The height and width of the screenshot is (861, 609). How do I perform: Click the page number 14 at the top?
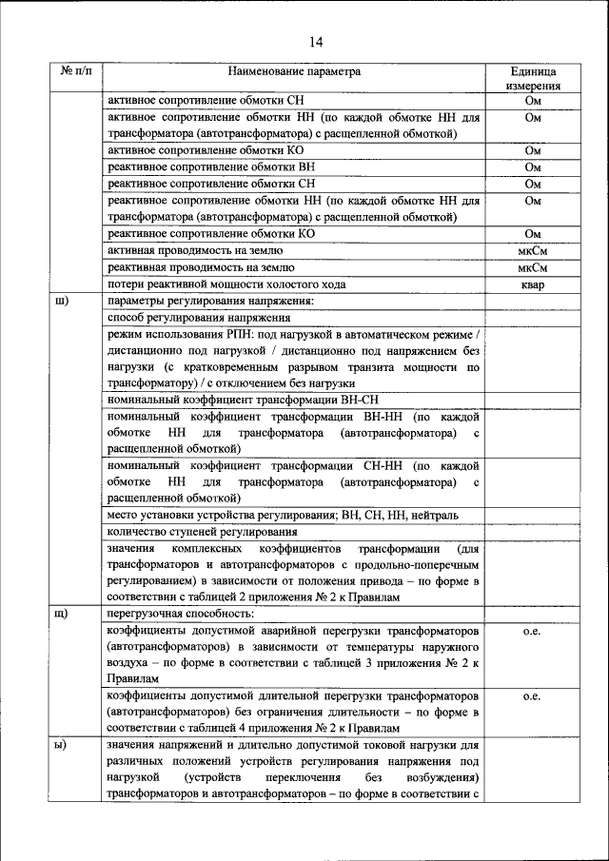click(x=304, y=41)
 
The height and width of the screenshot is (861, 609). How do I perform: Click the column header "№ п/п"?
click(x=77, y=71)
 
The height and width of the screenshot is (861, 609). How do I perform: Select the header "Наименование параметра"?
click(x=294, y=71)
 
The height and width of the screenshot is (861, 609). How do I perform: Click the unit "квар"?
click(x=533, y=285)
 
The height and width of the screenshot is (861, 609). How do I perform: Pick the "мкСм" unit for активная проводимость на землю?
click(x=533, y=251)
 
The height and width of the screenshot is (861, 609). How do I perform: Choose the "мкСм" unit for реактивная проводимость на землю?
click(x=533, y=268)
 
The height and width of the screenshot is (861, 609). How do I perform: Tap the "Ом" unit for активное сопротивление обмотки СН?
click(x=533, y=100)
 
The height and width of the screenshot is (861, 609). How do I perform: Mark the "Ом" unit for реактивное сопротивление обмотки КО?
click(x=533, y=234)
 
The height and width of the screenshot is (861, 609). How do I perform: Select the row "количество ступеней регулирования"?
click(x=203, y=531)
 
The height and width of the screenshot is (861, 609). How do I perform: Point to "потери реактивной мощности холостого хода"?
click(x=225, y=285)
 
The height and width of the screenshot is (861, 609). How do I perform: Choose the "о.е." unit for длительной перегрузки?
click(x=533, y=696)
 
